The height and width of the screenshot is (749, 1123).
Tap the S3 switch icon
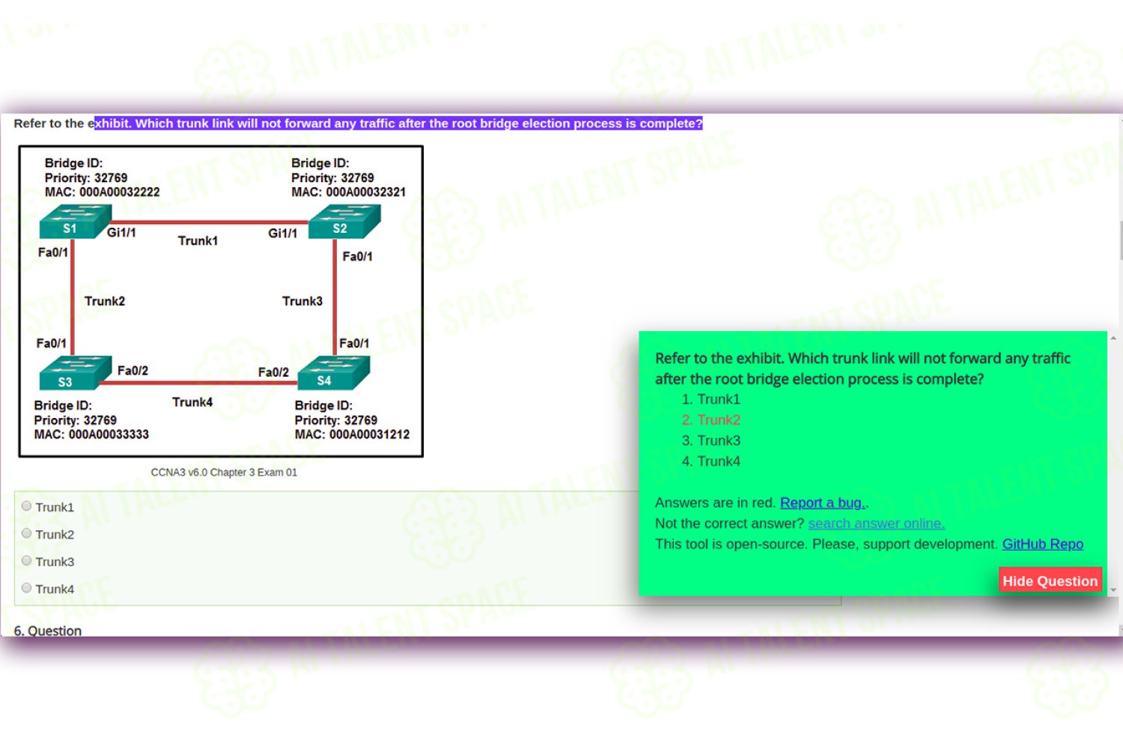(x=75, y=373)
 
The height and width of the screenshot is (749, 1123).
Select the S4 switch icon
(x=334, y=373)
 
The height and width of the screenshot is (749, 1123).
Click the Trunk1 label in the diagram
(x=198, y=241)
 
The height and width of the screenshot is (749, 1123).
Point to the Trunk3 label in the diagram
(x=302, y=301)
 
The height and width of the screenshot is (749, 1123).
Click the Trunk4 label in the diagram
(x=192, y=402)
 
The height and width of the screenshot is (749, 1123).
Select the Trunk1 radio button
(x=26, y=506)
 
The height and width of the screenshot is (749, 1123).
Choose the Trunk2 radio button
(x=26, y=533)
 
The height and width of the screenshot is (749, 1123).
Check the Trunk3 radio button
(x=26, y=560)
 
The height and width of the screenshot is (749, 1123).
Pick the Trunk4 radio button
(x=26, y=587)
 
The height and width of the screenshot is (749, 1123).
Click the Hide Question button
(x=1050, y=580)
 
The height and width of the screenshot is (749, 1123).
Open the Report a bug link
(x=823, y=503)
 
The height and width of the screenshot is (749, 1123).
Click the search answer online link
(x=877, y=524)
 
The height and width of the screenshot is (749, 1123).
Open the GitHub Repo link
(x=1043, y=544)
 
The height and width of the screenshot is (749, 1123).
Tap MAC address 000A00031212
(x=370, y=434)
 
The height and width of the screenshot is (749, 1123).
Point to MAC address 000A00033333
(x=109, y=434)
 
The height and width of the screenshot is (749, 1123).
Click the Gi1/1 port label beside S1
(x=121, y=233)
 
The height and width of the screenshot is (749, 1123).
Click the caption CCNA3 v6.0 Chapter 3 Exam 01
(x=224, y=473)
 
